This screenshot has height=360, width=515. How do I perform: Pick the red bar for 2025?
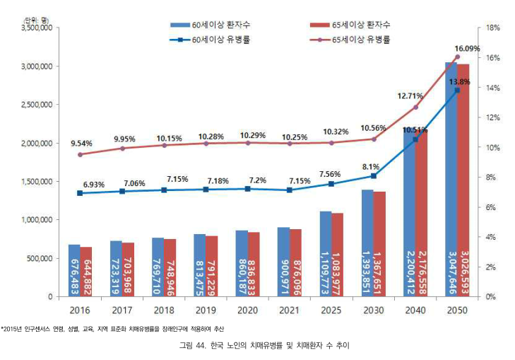point(337,255)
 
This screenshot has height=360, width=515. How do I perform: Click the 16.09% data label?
point(467,48)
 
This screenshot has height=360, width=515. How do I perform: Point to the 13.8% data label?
point(459,81)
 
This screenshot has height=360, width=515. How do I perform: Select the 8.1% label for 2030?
point(369,167)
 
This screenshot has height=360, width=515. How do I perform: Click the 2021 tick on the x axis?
point(288,310)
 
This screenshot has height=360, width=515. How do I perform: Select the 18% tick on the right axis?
point(494,28)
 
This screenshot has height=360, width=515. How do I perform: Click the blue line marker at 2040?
point(415,139)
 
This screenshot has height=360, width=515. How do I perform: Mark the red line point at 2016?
point(80,154)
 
